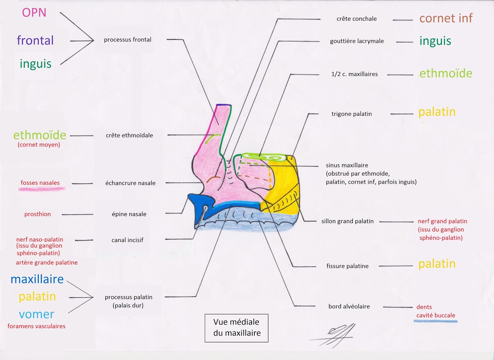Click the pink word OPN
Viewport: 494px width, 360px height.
coord(34,13)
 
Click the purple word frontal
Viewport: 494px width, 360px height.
coord(35,40)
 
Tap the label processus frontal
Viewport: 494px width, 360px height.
coord(128,40)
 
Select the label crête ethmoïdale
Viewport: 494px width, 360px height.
coord(129,135)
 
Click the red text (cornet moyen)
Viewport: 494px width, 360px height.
coord(39,144)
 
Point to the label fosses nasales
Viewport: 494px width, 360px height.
coord(40,183)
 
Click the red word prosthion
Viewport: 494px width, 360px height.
coord(38,214)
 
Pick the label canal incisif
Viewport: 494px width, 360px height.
coord(127,240)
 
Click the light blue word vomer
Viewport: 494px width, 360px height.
coord(36,314)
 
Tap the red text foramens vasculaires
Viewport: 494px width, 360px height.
coord(36,326)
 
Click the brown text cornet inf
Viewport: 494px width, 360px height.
coord(446,18)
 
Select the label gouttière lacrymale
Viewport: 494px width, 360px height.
coord(357,41)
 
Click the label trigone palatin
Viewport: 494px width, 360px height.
coord(352,114)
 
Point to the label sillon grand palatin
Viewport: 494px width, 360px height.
coord(347,221)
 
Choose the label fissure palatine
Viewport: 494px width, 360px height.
coord(347,266)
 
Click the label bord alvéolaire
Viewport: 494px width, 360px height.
coord(349,306)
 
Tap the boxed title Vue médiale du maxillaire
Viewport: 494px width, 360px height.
coord(237,328)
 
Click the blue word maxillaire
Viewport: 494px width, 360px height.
coord(37,279)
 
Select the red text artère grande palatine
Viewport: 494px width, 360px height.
coord(47,262)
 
